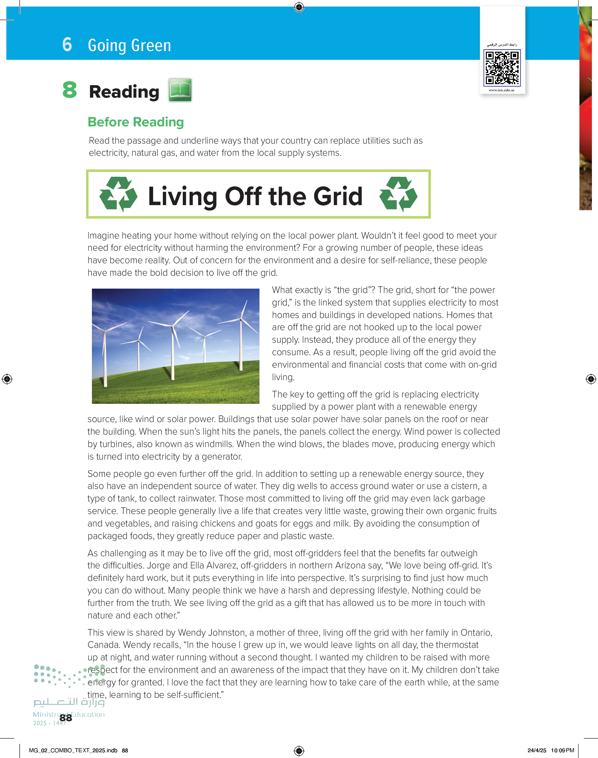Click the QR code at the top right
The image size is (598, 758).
(x=502, y=68)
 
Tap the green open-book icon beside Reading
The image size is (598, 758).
(x=180, y=90)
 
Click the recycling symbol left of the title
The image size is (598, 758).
(x=118, y=194)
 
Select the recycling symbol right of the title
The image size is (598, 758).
(x=398, y=194)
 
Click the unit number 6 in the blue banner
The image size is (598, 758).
(x=67, y=45)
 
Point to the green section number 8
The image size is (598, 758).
(x=69, y=90)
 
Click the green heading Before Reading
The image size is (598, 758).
(x=135, y=122)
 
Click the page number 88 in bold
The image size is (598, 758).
(x=66, y=718)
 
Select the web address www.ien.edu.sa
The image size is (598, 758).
(x=501, y=90)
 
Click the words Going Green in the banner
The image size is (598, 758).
(x=129, y=46)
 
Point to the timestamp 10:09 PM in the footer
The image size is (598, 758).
(x=562, y=750)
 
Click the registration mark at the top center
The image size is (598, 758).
(x=299, y=7)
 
